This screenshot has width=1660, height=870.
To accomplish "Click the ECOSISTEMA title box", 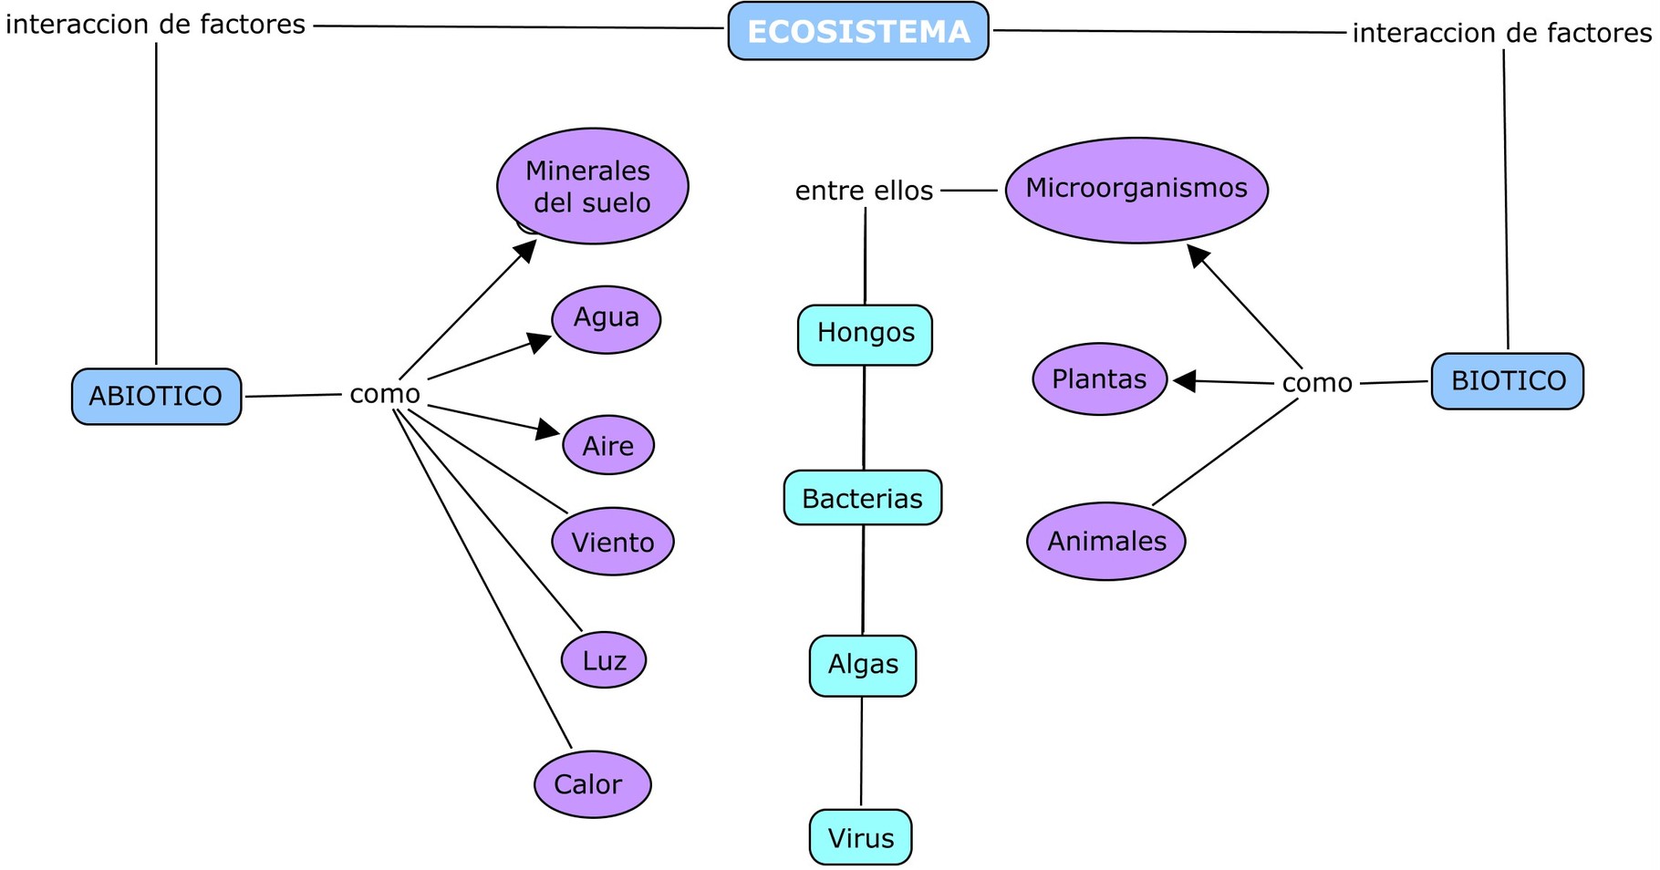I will tap(857, 32).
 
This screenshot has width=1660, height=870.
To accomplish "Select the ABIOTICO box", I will tap(156, 397).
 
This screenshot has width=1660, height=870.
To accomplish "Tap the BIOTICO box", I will tap(1507, 381).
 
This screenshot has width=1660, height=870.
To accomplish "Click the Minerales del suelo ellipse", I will tap(592, 186).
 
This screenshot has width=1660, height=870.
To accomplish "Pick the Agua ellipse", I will tap(606, 319).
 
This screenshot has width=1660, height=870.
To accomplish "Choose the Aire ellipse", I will tap(607, 445).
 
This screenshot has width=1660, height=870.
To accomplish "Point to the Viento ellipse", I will tap(612, 542).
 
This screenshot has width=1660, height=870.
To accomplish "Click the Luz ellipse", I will tap(603, 659).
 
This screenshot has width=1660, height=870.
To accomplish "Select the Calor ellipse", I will tap(592, 784).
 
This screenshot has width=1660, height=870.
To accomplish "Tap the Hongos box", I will tap(865, 335).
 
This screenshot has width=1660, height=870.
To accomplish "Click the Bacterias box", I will tap(862, 498).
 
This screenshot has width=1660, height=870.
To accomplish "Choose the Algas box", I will tap(862, 666).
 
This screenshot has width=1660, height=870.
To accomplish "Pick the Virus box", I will tap(860, 837).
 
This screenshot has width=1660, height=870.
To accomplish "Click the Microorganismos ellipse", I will tap(1136, 190).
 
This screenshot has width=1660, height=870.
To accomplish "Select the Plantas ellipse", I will tap(1099, 379).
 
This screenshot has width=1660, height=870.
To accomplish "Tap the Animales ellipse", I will tap(1105, 541).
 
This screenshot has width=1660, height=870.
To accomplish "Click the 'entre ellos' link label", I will tap(864, 191).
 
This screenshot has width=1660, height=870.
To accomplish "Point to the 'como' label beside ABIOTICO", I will tap(384, 394).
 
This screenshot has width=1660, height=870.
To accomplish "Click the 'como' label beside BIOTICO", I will tap(1316, 383).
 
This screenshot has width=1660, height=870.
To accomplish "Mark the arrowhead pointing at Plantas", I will tap(1184, 381).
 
